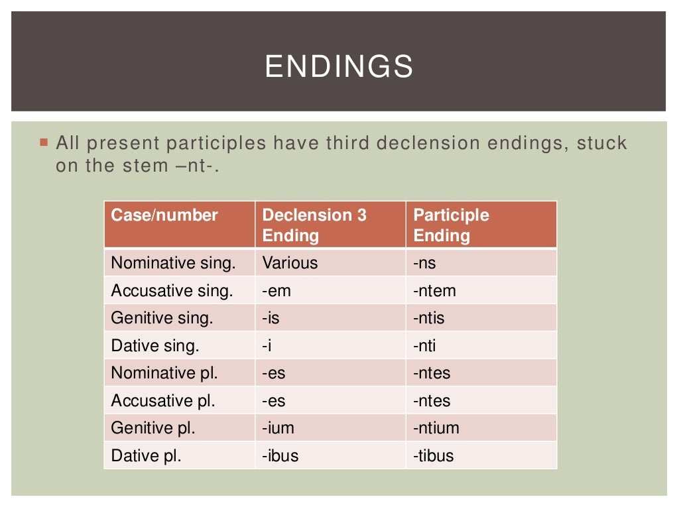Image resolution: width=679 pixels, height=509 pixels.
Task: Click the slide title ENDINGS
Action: coord(339,67)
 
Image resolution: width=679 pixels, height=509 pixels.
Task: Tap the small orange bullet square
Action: coord(44,142)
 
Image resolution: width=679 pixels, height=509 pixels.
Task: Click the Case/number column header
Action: coord(164,215)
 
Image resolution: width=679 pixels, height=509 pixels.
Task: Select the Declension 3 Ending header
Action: coord(314,225)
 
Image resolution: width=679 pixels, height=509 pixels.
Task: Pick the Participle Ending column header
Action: coord(451,225)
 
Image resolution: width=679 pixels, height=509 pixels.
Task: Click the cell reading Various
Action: coord(290,263)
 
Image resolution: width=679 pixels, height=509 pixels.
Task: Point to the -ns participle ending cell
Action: coord(424,263)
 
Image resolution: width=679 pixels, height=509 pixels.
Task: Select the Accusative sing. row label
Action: coord(172,291)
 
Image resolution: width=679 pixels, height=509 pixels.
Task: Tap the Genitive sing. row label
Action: coord(162,318)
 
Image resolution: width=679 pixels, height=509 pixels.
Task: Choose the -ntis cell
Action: coord(429,318)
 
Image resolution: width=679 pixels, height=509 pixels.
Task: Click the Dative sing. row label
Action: coord(155,346)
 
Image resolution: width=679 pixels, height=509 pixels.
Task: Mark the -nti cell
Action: coord(425,346)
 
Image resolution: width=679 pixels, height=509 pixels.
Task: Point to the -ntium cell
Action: coord(436,428)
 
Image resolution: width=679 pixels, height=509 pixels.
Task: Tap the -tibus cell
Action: coord(434,456)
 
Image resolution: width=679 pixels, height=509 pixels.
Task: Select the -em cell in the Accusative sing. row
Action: coord(276,291)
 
